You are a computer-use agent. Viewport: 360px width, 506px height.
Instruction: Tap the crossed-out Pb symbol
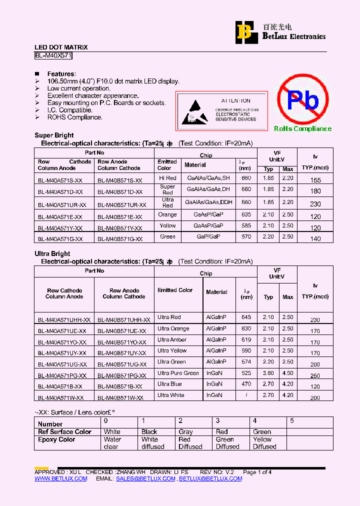pyautogui.click(x=303, y=100)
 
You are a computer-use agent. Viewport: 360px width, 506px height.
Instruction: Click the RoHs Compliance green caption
pyautogui.click(x=302, y=129)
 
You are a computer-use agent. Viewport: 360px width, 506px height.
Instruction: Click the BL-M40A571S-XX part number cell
pyautogui.click(x=60, y=180)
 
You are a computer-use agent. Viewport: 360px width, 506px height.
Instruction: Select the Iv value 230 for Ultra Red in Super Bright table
pyautogui.click(x=315, y=204)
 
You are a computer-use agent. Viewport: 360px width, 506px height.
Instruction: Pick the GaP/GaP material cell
pyautogui.click(x=208, y=237)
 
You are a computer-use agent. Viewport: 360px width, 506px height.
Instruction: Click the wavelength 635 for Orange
pyautogui.click(x=246, y=214)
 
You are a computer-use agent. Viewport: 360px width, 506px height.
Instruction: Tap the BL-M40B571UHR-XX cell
pyautogui.click(x=123, y=319)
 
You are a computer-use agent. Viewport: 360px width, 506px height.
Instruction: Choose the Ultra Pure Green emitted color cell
pyautogui.click(x=178, y=373)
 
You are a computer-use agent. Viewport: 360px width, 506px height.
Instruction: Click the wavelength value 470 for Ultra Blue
pyautogui.click(x=246, y=384)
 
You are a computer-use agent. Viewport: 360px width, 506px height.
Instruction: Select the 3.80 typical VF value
pyautogui.click(x=268, y=373)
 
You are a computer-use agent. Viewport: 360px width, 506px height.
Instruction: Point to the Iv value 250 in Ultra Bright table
pyautogui.click(x=315, y=375)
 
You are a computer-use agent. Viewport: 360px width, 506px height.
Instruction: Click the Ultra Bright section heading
pyautogui.click(x=52, y=253)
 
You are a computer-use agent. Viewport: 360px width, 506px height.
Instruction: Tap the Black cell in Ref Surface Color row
pyautogui.click(x=149, y=431)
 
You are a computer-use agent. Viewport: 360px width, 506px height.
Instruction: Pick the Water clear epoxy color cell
pyautogui.click(x=112, y=443)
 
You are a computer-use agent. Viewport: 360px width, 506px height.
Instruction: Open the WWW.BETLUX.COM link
pyautogui.click(x=60, y=478)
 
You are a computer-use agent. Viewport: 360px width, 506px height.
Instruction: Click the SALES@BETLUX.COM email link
pyautogui.click(x=145, y=478)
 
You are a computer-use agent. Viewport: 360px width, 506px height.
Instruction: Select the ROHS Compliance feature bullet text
pyautogui.click(x=75, y=117)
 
